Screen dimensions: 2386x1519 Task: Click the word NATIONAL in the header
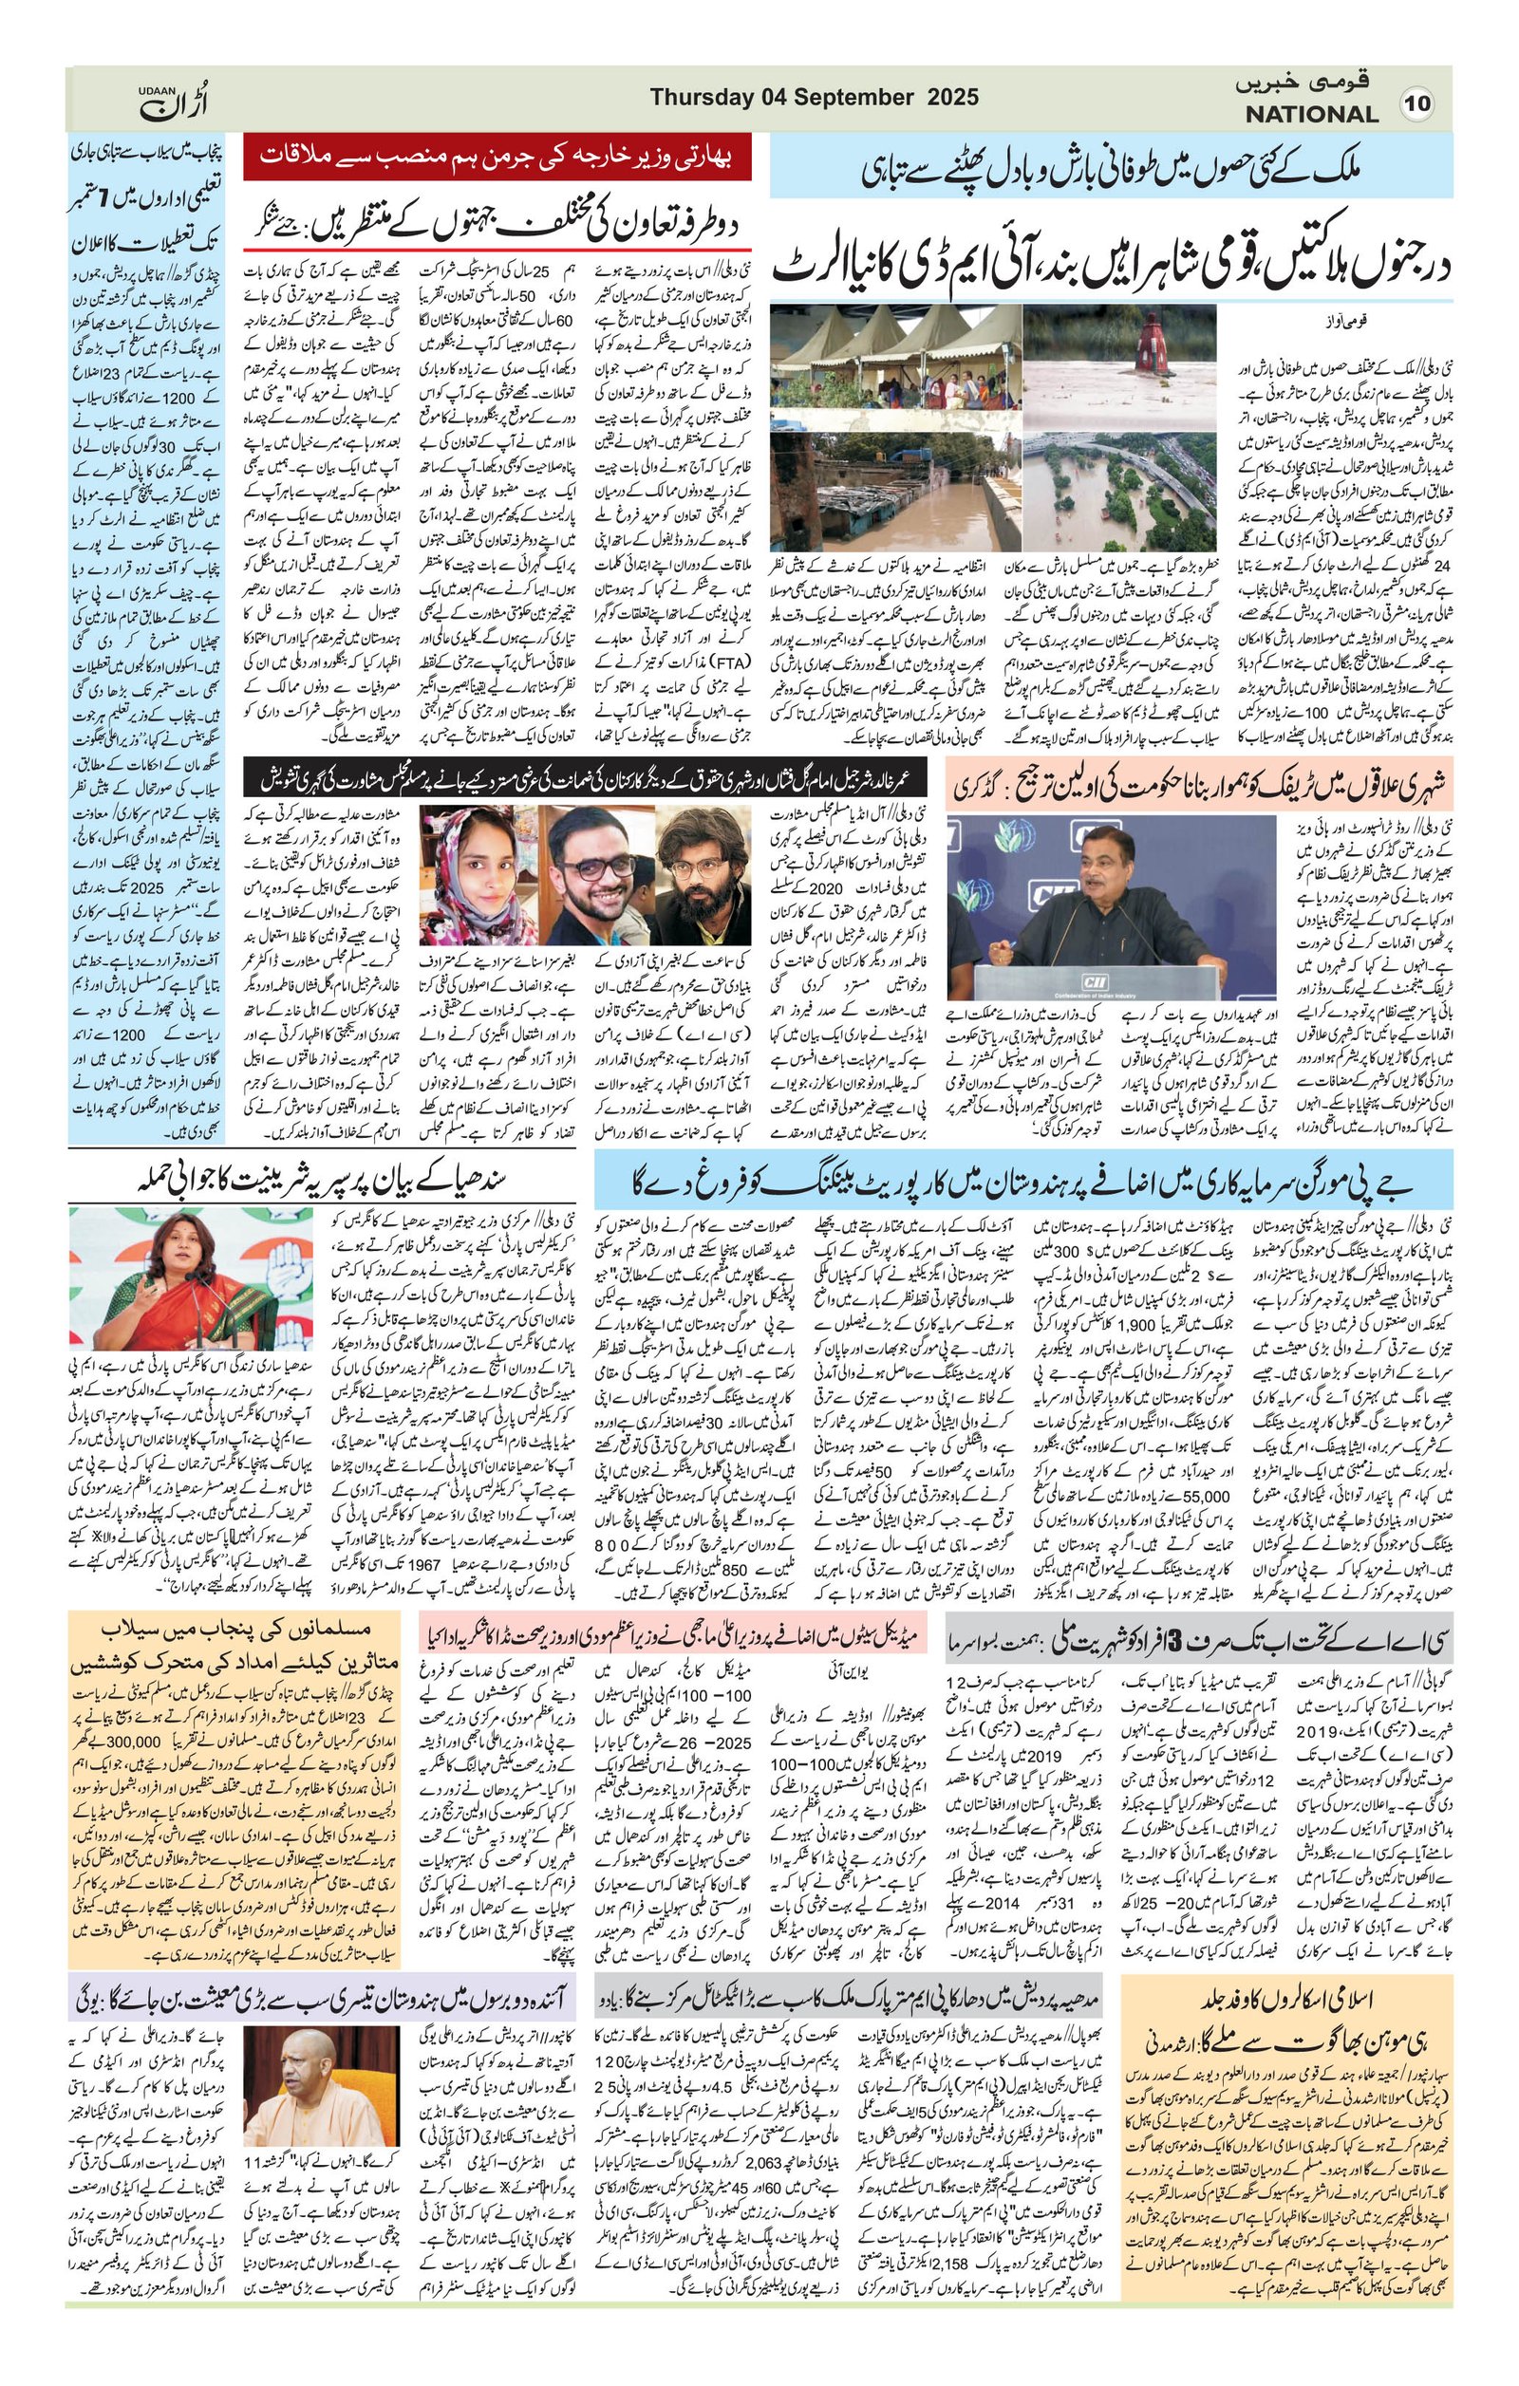pyautogui.click(x=1312, y=114)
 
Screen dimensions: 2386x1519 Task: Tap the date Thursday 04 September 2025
pyautogui.click(x=815, y=97)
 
